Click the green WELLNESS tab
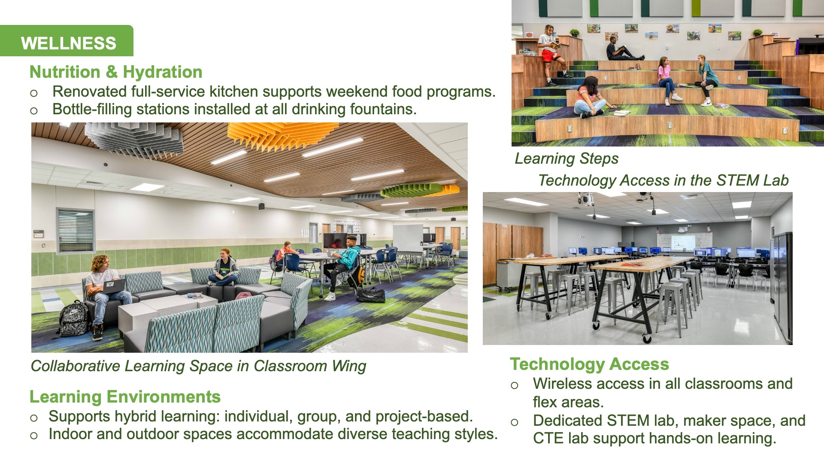pyautogui.click(x=67, y=41)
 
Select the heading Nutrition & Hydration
pyautogui.click(x=116, y=72)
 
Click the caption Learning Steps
pyautogui.click(x=566, y=159)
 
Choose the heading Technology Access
pyautogui.click(x=589, y=364)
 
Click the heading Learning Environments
pyautogui.click(x=125, y=397)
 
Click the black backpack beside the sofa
pyautogui.click(x=73, y=318)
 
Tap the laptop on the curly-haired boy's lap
pyautogui.click(x=114, y=286)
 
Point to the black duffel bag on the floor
pyautogui.click(x=371, y=295)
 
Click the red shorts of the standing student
pyautogui.click(x=549, y=55)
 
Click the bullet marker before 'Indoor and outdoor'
pyautogui.click(x=34, y=436)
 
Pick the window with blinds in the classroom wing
pyautogui.click(x=76, y=231)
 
